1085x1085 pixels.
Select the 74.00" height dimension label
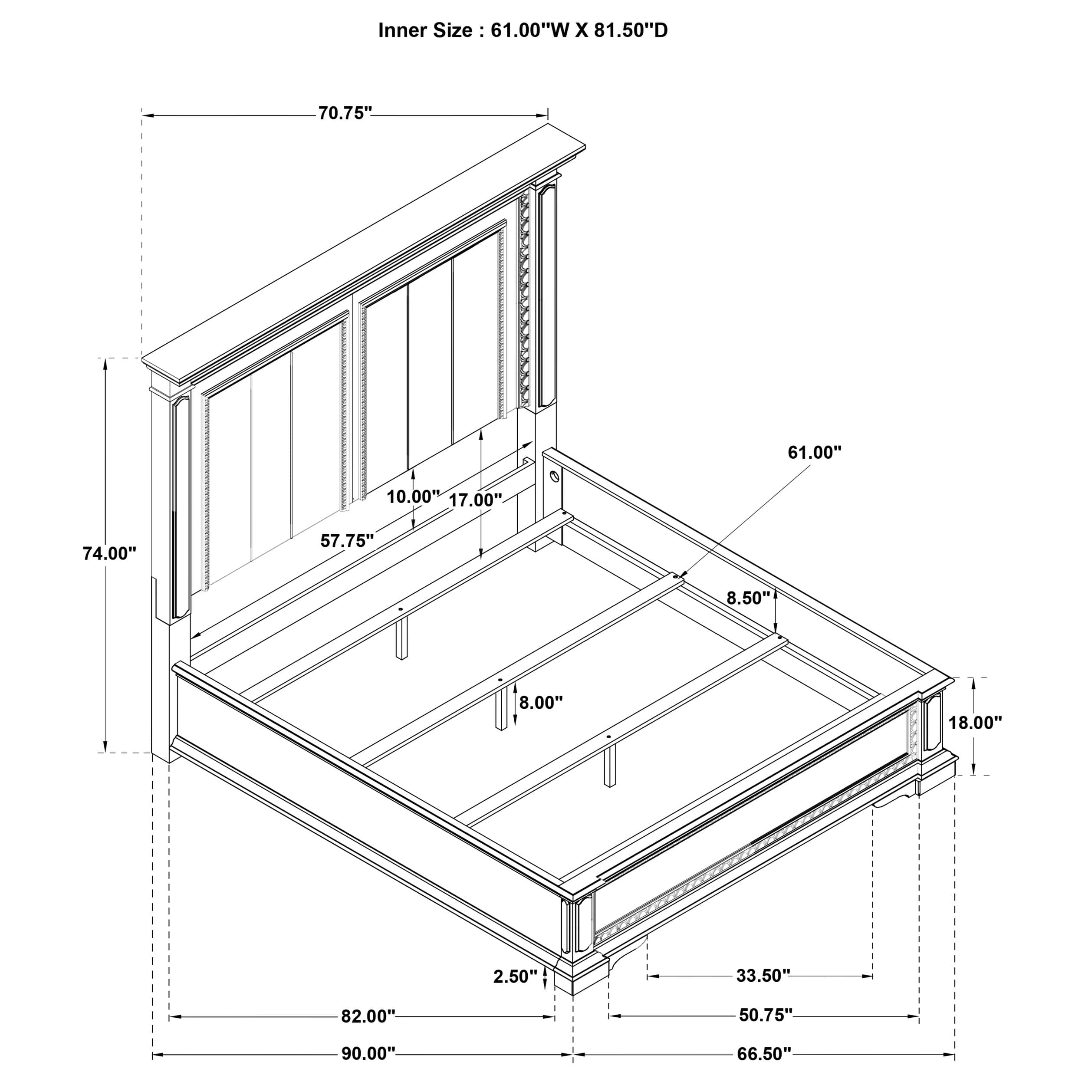click(x=109, y=553)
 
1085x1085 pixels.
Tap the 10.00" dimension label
click(x=413, y=496)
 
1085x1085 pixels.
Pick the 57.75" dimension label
click(x=346, y=541)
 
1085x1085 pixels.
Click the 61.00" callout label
click(x=814, y=452)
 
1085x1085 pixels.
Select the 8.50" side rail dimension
click(x=747, y=598)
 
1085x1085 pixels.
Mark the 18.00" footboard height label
click(x=975, y=723)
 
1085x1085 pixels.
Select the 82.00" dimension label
click(x=368, y=1032)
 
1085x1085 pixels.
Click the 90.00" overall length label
click(x=368, y=1069)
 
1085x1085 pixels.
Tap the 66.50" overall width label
click(x=764, y=1069)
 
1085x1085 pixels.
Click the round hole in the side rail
click(x=554, y=477)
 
